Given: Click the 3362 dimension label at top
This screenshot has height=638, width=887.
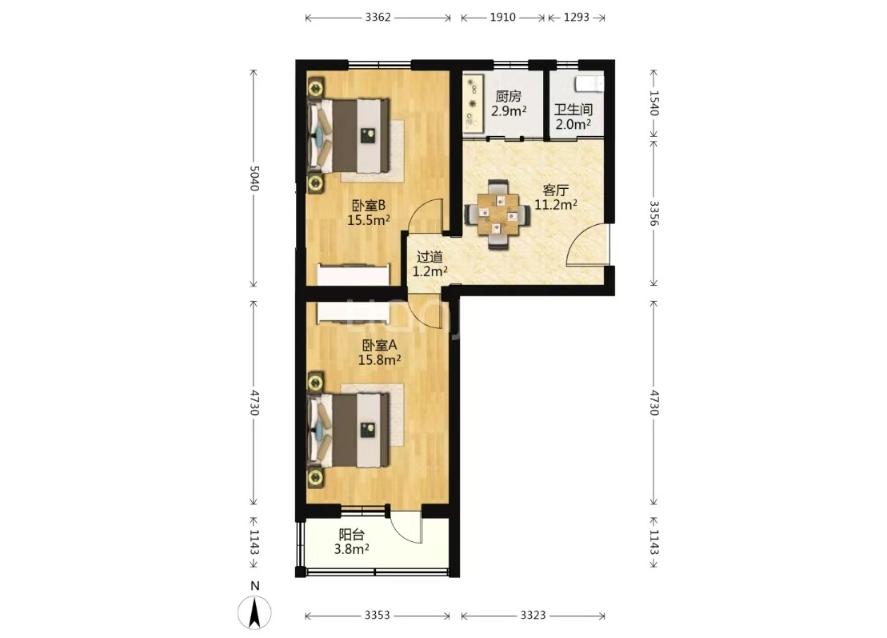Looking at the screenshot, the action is (x=378, y=17).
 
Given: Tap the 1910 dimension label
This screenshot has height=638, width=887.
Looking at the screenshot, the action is (x=503, y=17).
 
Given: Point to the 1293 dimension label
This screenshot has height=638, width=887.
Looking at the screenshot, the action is (x=577, y=17).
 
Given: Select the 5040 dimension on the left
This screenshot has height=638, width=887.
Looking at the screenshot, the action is (x=254, y=178).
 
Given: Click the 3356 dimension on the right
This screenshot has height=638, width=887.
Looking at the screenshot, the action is (x=654, y=213).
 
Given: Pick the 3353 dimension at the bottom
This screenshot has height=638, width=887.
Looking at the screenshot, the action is (x=378, y=616).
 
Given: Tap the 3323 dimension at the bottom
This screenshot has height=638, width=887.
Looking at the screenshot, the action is (x=533, y=616).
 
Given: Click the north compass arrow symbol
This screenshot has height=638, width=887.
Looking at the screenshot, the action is (x=255, y=612).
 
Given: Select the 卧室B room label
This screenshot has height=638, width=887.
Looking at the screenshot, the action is (x=369, y=205).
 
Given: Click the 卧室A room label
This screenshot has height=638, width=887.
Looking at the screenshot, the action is (x=380, y=345).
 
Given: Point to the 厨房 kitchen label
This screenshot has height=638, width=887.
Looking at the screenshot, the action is (x=508, y=97).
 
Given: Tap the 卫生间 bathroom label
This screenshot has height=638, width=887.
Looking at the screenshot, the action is (x=573, y=110).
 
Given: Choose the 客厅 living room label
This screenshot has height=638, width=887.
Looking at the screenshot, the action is (x=556, y=191).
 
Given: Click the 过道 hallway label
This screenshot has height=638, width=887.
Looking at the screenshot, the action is (x=430, y=257).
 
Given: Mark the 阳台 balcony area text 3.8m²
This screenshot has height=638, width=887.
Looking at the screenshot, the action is (x=352, y=549).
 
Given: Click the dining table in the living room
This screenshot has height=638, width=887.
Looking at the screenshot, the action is (x=497, y=215).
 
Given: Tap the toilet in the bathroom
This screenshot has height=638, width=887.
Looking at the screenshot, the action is (x=589, y=84).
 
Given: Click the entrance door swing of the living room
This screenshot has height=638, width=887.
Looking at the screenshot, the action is (x=589, y=244).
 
